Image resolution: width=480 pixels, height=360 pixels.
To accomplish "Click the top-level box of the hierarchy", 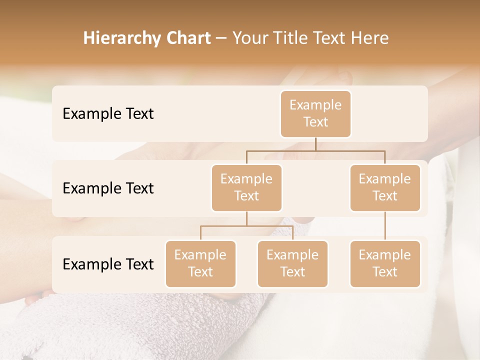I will click(315, 113).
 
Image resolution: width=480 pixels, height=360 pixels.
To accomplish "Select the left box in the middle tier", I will click(246, 187).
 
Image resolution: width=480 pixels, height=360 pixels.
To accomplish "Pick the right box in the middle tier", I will click(385, 187).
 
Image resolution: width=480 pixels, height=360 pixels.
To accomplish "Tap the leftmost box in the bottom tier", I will click(200, 263).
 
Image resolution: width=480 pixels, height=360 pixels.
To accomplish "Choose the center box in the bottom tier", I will click(292, 263).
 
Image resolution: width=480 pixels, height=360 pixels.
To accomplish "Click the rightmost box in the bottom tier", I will click(385, 263).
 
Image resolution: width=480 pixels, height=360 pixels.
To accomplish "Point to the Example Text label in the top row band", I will click(108, 113).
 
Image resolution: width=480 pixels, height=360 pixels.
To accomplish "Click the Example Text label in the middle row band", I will click(108, 188).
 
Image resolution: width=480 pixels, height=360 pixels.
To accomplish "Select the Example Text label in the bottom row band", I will click(108, 264).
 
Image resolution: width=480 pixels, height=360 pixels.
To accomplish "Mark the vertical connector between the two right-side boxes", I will click(385, 226).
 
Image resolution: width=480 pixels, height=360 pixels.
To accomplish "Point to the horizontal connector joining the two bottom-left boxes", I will click(246, 226).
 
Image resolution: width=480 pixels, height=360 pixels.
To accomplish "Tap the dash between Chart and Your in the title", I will click(221, 38).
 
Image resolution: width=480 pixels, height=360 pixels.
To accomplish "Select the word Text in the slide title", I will click(329, 38).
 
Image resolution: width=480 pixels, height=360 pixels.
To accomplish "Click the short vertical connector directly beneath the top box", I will click(315, 144).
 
